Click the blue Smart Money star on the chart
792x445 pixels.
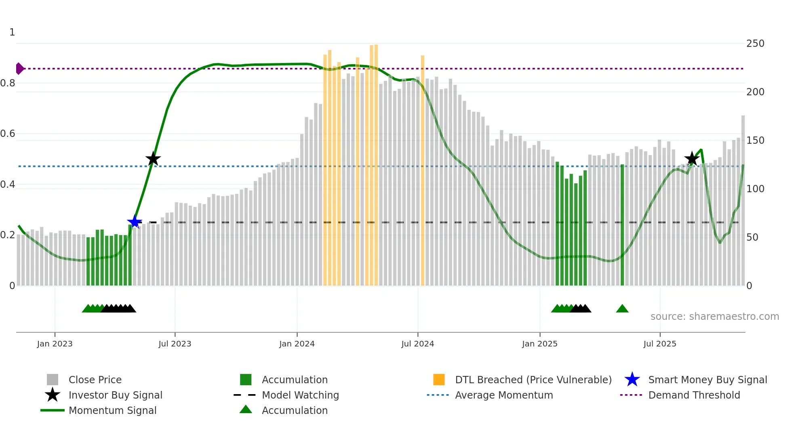135,222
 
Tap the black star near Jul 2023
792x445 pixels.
153,159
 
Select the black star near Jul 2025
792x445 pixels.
692,159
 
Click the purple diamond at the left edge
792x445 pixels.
19,69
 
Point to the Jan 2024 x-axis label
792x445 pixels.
297,344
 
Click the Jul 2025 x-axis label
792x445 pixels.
659,344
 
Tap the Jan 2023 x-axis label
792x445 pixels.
55,344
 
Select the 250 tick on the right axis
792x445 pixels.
755,44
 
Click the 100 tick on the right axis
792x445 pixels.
755,189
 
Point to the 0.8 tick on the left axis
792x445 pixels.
8,83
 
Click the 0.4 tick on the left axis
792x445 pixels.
8,185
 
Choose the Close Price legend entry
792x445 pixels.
95,380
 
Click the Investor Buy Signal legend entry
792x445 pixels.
115,395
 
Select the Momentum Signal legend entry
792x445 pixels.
112,410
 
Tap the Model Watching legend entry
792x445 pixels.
300,395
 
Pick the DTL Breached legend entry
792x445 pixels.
533,380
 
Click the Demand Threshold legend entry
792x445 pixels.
694,395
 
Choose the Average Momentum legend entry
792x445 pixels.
504,395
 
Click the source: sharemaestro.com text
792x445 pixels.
714,317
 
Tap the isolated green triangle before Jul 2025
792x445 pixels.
622,309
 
